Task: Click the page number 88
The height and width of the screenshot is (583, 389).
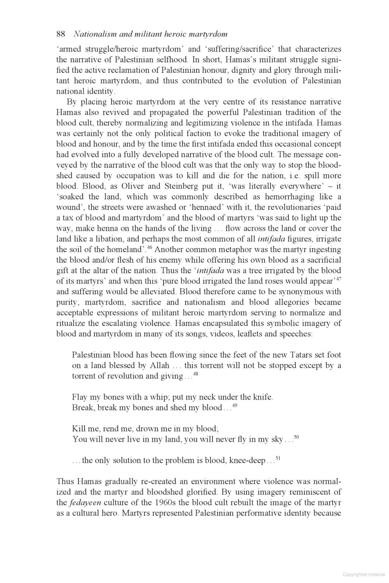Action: (61, 34)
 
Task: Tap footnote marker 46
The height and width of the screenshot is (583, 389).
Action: (149, 248)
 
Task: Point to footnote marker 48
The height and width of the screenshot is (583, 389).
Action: (195, 374)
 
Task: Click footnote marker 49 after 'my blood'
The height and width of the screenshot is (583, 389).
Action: (235, 406)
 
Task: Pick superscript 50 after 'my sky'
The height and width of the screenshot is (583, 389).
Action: (296, 437)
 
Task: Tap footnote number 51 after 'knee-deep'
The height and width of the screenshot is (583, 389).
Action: (278, 458)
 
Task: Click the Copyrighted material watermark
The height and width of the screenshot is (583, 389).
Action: (363, 575)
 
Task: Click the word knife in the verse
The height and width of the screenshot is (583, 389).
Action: (262, 397)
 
